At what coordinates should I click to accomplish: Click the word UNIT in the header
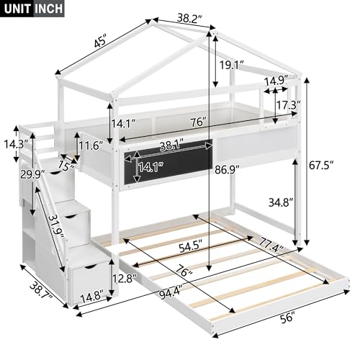pyautogui.click(x=17, y=9)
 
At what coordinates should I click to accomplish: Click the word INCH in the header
pyautogui.click(x=49, y=9)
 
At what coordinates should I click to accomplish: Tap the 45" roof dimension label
pyautogui.click(x=100, y=42)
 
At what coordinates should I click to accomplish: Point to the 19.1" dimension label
pyautogui.click(x=232, y=65)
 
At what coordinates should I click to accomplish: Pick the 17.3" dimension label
pyautogui.click(x=289, y=105)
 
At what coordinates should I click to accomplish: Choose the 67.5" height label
pyautogui.click(x=321, y=166)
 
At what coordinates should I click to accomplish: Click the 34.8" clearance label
pyautogui.click(x=281, y=203)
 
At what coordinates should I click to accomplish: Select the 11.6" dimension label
pyautogui.click(x=91, y=145)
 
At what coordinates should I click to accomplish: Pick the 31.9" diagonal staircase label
pyautogui.click(x=56, y=226)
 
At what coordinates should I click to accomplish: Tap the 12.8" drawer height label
pyautogui.click(x=125, y=278)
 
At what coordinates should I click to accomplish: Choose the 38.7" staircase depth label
pyautogui.click(x=41, y=291)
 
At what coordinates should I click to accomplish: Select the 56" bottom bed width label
pyautogui.click(x=287, y=318)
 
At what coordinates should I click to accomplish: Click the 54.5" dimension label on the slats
pyautogui.click(x=192, y=248)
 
